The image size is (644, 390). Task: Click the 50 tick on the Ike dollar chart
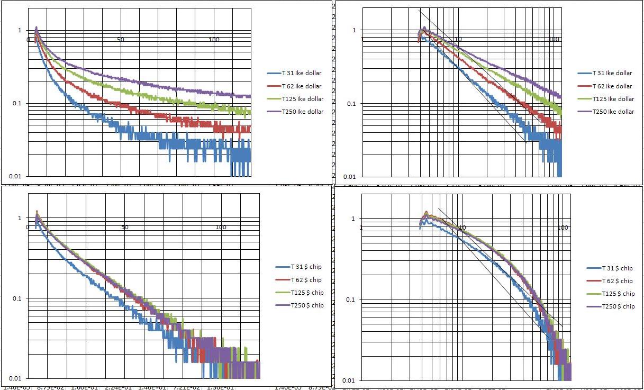(121, 40)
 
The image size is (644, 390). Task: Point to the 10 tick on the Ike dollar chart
(458, 40)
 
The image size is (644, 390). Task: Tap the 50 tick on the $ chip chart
(124, 227)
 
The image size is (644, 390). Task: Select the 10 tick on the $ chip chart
(462, 228)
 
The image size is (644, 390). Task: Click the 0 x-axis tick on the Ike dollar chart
(29, 40)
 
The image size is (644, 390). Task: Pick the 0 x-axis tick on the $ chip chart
(28, 227)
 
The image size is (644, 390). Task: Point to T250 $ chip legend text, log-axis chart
(612, 306)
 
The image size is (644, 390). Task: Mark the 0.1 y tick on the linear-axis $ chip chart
(17, 298)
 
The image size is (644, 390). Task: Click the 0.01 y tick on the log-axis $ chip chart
(349, 380)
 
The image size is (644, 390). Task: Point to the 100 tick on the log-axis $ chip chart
(563, 228)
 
